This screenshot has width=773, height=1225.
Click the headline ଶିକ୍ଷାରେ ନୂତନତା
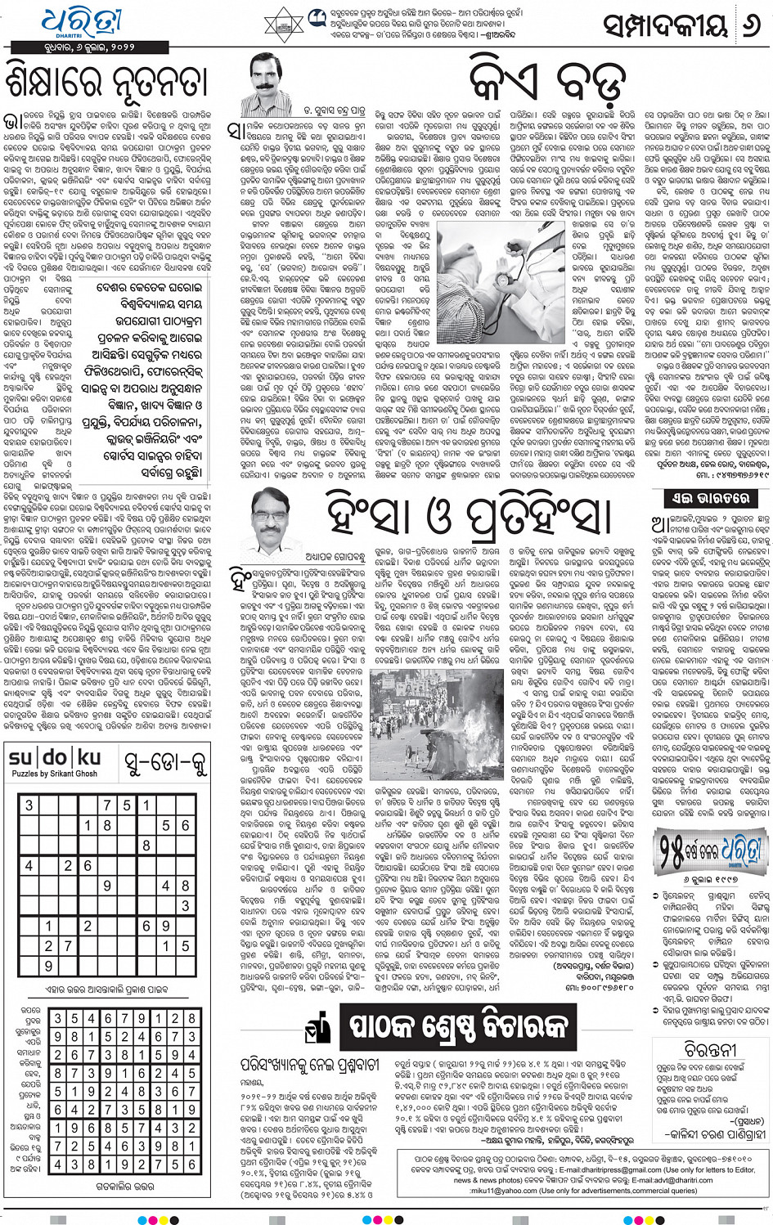coord(106,83)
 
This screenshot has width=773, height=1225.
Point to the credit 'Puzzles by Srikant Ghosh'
coord(54,774)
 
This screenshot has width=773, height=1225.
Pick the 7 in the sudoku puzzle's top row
coord(106,805)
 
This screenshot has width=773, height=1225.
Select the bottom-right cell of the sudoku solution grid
coord(191,1164)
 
